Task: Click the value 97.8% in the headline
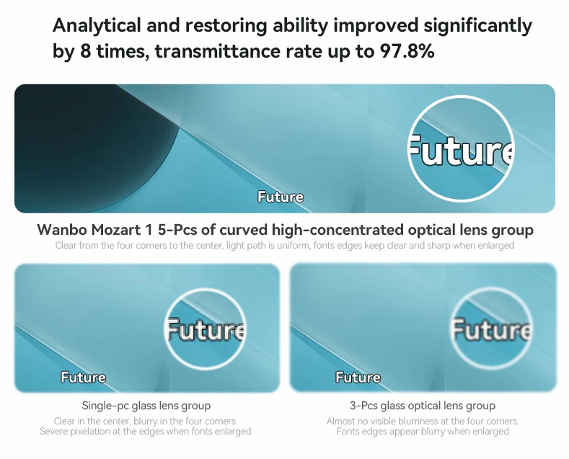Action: click(407, 50)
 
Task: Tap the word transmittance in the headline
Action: click(217, 50)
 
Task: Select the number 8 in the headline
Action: click(85, 50)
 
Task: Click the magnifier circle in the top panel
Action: click(461, 97)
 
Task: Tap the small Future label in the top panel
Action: click(280, 197)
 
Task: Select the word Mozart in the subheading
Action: click(116, 230)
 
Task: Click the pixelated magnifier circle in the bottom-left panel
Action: click(205, 290)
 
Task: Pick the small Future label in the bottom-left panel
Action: click(83, 378)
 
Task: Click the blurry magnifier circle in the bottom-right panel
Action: click(491, 290)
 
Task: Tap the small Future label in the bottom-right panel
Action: click(358, 378)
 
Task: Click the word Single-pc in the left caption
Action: click(105, 406)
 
